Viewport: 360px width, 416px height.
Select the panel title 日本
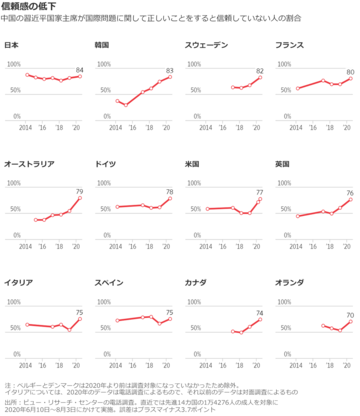coord(13,46)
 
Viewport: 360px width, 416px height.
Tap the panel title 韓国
coord(102,46)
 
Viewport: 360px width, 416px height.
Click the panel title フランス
coord(290,46)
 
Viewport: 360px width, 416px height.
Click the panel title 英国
coord(282,162)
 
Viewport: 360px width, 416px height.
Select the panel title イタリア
coord(19,276)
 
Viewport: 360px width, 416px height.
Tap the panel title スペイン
coord(110,276)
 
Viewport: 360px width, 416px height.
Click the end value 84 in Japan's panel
coord(81,69)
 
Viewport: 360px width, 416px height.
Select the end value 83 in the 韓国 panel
coord(170,70)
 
